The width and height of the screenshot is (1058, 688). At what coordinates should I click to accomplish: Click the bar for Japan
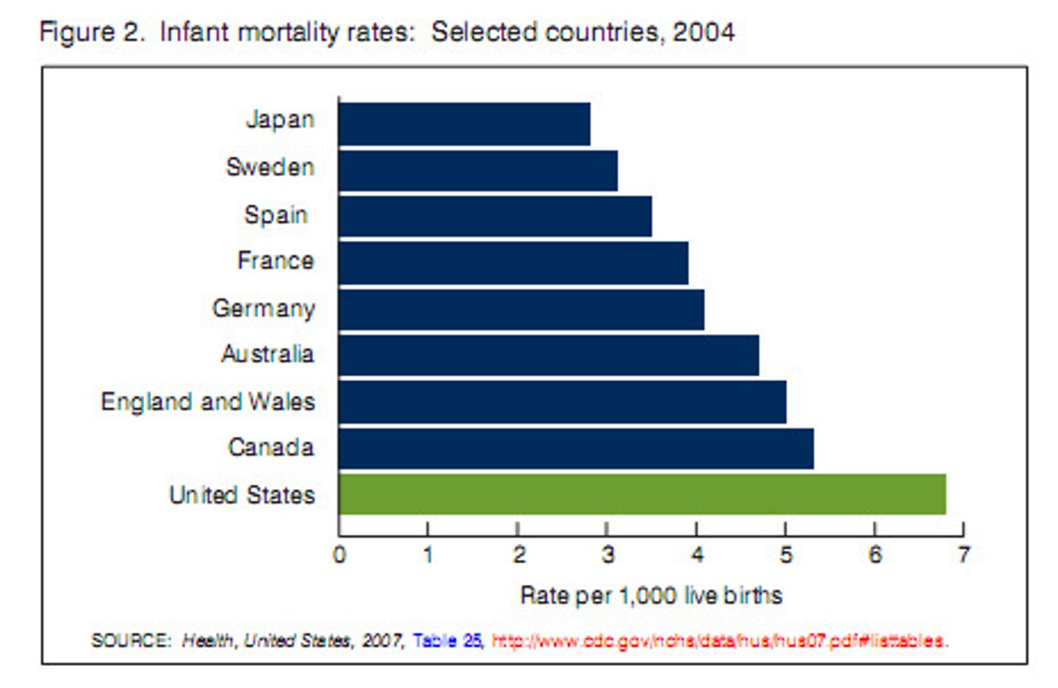pyautogui.click(x=464, y=124)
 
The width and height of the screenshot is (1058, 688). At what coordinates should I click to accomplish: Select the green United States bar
pyautogui.click(x=642, y=494)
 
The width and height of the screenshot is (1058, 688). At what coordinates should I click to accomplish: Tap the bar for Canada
pyautogui.click(x=576, y=449)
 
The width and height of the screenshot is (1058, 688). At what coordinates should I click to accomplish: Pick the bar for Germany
pyautogui.click(x=522, y=309)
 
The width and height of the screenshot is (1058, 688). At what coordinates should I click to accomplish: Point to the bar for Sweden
pyautogui.click(x=478, y=170)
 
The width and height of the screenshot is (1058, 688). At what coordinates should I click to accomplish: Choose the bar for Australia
pyautogui.click(x=549, y=355)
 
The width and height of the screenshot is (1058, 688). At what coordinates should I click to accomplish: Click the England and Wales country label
pyautogui.click(x=208, y=402)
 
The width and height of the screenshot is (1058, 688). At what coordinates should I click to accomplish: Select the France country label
pyautogui.click(x=276, y=261)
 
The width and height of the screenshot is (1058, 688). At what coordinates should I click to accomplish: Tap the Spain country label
pyautogui.click(x=276, y=215)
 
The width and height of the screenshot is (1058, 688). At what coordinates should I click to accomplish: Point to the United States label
pyautogui.click(x=242, y=495)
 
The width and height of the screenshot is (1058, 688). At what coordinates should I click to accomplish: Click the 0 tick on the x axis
pyautogui.click(x=339, y=554)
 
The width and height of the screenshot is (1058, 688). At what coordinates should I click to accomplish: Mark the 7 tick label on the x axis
pyautogui.click(x=963, y=554)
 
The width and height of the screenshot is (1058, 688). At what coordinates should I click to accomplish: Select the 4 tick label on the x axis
pyautogui.click(x=697, y=554)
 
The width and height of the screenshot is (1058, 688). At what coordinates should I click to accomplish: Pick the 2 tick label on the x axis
pyautogui.click(x=519, y=554)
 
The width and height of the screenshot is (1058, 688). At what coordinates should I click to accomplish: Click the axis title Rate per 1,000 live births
pyautogui.click(x=651, y=595)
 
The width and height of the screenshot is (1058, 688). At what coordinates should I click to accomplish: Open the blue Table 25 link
pyautogui.click(x=447, y=641)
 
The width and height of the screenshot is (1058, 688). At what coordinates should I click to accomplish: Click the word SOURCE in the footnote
pyautogui.click(x=130, y=641)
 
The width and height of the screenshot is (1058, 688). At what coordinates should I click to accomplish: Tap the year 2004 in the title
pyautogui.click(x=703, y=32)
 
